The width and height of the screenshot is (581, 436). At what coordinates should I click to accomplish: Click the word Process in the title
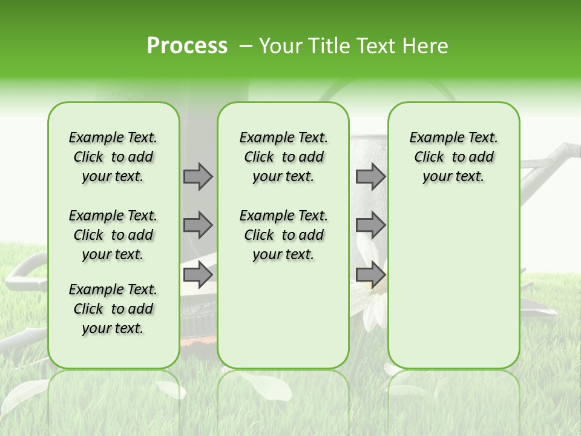click(x=187, y=45)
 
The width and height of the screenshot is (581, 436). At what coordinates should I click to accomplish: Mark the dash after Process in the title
click(x=246, y=47)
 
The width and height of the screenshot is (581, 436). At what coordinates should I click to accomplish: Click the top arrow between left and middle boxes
click(x=198, y=176)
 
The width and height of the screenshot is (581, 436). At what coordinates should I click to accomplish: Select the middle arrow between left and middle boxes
click(x=198, y=225)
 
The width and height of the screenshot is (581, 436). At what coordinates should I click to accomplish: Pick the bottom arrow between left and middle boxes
click(x=198, y=275)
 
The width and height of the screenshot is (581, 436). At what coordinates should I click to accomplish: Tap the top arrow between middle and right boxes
click(x=370, y=176)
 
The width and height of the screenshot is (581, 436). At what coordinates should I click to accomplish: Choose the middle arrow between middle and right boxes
click(x=370, y=225)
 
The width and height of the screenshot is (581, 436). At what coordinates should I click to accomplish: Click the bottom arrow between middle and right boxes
click(x=370, y=275)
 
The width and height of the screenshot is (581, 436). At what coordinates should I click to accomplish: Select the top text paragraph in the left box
click(x=113, y=157)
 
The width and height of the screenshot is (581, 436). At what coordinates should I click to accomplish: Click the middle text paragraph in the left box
click(x=113, y=235)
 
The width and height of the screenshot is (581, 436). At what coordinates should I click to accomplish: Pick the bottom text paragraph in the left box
click(x=113, y=309)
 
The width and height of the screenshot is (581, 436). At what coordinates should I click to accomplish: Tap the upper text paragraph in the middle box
click(x=283, y=157)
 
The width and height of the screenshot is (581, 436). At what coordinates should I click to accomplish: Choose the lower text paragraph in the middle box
click(x=283, y=235)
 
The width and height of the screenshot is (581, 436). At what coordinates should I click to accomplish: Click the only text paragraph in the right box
click(x=453, y=157)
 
